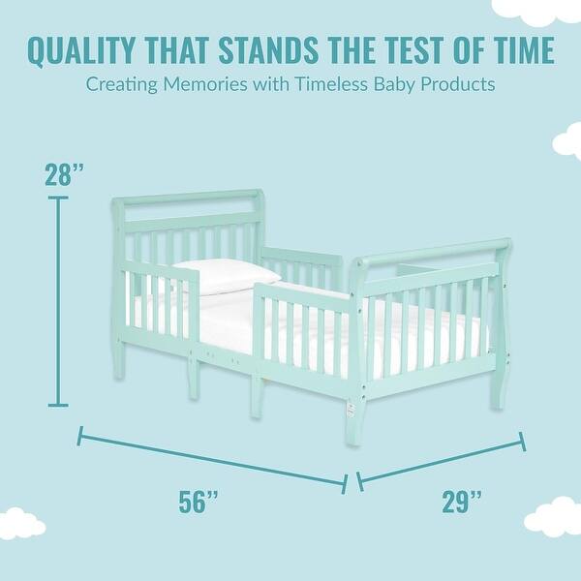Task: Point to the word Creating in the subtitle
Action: pyautogui.click(x=121, y=84)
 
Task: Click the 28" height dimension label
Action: pyautogui.click(x=64, y=174)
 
